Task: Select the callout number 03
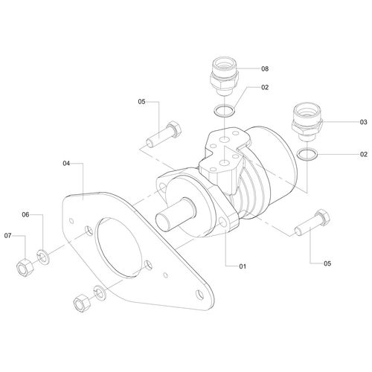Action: (x=343, y=121)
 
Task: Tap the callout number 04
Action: (x=66, y=162)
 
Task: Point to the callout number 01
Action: (x=242, y=266)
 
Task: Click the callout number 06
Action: (x=25, y=215)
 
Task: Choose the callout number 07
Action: (x=10, y=236)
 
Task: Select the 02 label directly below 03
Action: (x=343, y=154)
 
